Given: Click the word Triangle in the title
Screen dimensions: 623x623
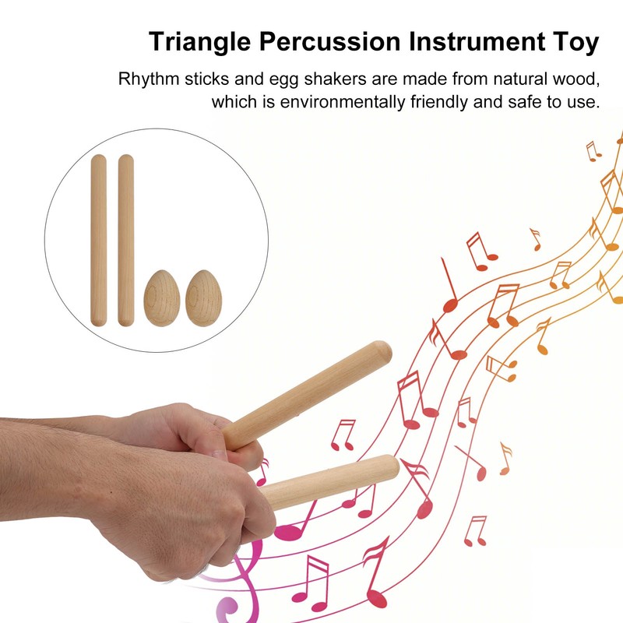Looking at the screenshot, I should coord(195,41).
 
